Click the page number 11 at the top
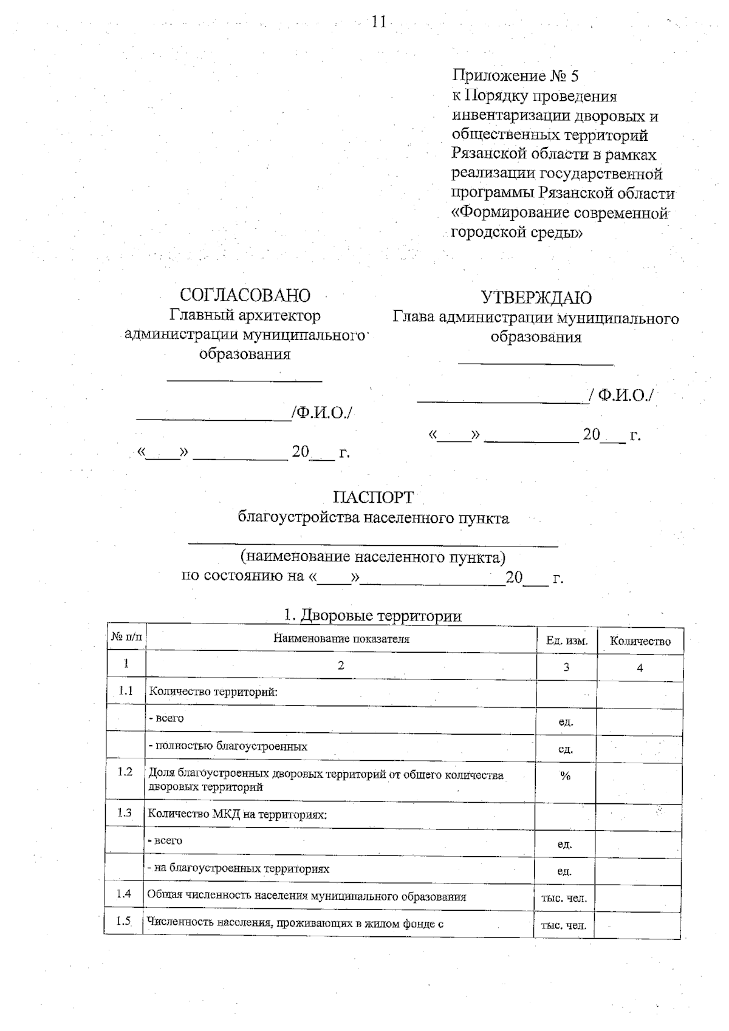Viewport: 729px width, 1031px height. (x=378, y=22)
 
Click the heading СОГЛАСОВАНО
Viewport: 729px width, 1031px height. (x=245, y=295)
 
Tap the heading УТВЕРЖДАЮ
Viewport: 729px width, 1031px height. (x=536, y=298)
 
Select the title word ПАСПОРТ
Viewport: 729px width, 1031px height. (x=373, y=497)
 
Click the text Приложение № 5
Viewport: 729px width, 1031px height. (x=515, y=76)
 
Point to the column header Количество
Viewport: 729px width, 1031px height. (x=640, y=641)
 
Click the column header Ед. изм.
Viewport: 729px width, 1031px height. (x=566, y=641)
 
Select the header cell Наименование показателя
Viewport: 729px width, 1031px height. (x=341, y=639)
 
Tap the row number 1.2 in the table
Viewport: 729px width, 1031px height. (x=125, y=772)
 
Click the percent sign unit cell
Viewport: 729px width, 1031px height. (x=565, y=776)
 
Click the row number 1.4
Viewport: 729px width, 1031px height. (x=124, y=893)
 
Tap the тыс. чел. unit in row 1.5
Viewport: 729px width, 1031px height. (x=564, y=926)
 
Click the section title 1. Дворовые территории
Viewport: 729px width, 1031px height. (x=372, y=616)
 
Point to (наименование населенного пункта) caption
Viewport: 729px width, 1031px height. (x=372, y=557)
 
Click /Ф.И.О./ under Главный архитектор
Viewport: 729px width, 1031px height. (x=322, y=413)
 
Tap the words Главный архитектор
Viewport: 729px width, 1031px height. (x=245, y=315)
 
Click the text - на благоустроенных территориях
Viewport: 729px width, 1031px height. (x=239, y=868)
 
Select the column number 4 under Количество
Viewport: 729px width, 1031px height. (x=640, y=668)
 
